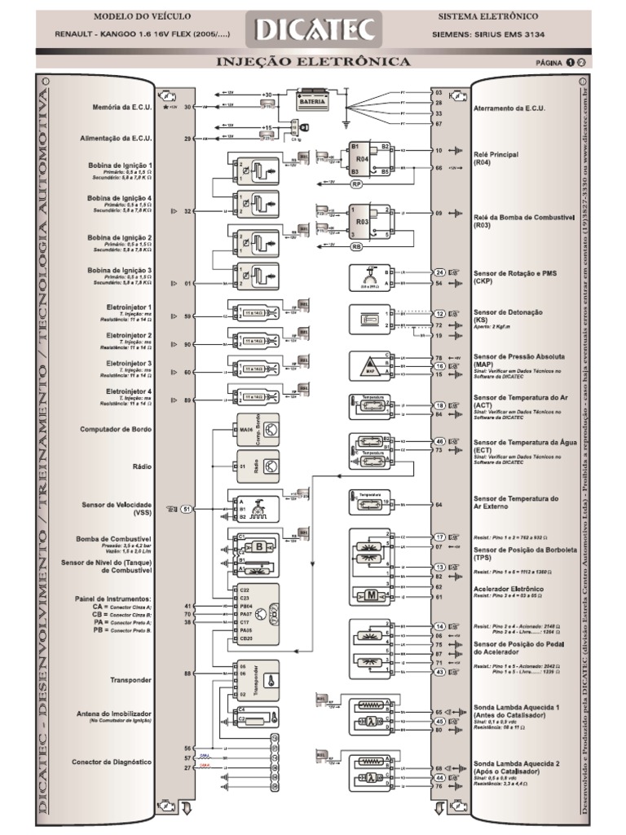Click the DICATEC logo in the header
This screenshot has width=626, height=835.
point(314,31)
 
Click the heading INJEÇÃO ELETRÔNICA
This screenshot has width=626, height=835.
point(314,62)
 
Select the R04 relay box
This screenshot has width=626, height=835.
point(363,159)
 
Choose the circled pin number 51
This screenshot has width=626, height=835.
point(187,509)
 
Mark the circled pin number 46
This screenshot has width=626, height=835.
point(439,441)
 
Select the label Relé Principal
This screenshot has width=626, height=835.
point(496,153)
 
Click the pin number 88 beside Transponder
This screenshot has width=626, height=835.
point(187,674)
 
